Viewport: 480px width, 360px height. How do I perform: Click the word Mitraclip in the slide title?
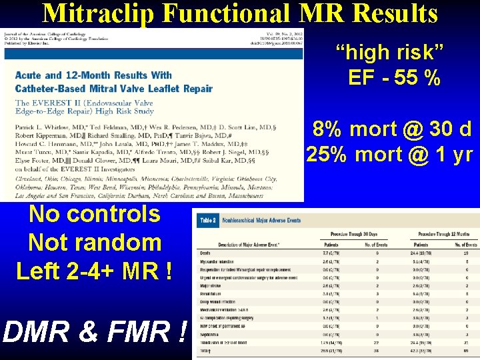95,13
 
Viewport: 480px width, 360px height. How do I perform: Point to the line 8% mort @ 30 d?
393,128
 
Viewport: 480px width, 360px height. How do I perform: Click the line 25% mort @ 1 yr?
389,155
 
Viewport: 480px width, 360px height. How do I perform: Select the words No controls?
94,215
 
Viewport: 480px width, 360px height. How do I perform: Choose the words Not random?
95,243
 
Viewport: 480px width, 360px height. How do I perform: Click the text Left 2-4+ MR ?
94,271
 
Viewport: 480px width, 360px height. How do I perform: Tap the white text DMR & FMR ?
94,331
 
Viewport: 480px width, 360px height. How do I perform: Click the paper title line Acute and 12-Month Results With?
94,75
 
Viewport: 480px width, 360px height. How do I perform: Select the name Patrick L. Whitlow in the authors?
45,127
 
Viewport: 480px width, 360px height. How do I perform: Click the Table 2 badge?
208,220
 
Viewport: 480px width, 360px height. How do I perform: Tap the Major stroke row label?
209,285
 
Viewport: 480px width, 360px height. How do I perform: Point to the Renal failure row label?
210,293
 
